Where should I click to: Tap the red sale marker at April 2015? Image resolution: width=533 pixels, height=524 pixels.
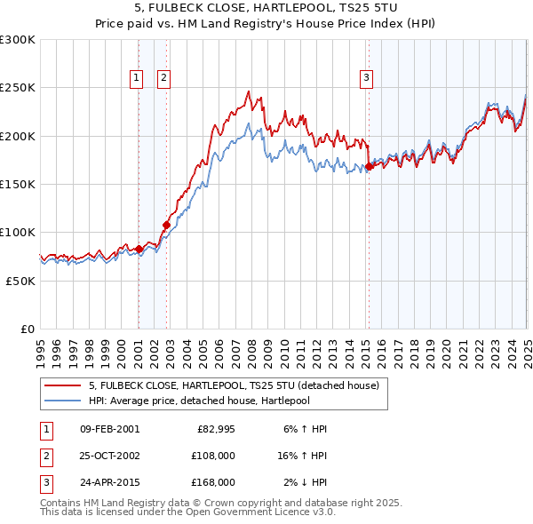368,166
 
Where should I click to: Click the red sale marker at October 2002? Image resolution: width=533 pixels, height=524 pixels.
166,225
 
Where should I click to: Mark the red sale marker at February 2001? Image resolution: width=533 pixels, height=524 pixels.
139,249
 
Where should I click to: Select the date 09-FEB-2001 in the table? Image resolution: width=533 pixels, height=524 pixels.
109,429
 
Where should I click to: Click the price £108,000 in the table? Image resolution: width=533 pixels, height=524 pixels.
214,456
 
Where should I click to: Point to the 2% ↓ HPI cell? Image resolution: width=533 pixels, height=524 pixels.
306,482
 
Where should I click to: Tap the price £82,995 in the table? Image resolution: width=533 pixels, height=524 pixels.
216,429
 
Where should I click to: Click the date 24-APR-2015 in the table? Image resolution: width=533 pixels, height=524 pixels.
109,482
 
